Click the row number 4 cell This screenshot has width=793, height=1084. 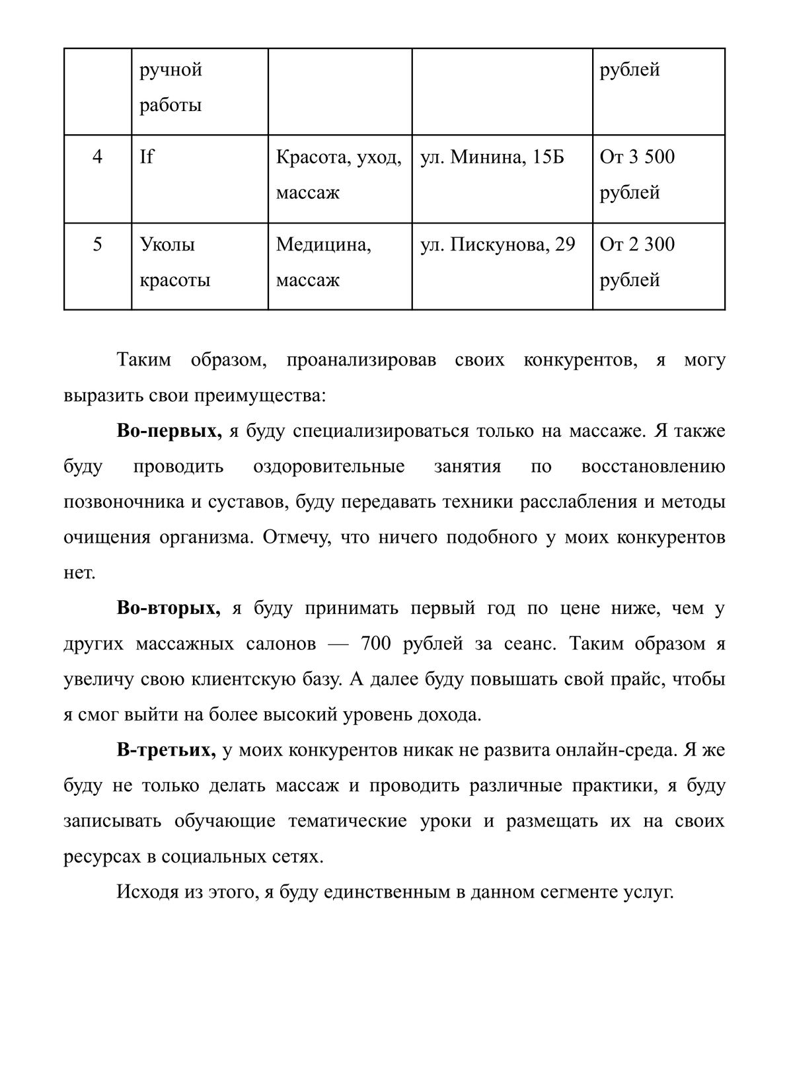coord(98,157)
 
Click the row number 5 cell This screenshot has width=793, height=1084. coord(98,245)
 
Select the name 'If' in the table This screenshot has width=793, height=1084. coord(147,157)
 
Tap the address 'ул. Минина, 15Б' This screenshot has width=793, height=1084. coord(492,157)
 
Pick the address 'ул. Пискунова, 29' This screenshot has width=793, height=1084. coord(498,245)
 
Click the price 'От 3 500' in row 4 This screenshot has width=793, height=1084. coord(637,157)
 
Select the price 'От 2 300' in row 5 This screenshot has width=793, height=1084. coord(637,245)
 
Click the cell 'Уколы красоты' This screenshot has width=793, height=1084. coord(175,262)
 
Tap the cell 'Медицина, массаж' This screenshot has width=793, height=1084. coord(324,262)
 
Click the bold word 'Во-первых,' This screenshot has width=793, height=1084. coord(169,432)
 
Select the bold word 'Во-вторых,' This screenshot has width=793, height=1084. coord(169,608)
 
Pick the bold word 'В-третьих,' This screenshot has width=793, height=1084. coord(167,750)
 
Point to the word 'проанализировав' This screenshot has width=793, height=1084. coord(361,361)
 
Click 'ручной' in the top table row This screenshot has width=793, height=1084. coord(170,70)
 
